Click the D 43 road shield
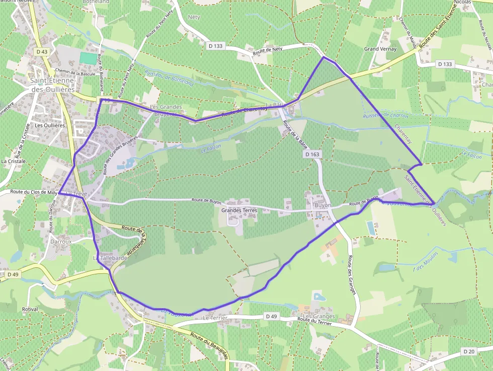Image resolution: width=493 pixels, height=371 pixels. (42, 52)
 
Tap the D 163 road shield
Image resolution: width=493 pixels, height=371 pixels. (312, 155)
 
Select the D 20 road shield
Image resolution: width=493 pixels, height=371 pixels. (469, 351)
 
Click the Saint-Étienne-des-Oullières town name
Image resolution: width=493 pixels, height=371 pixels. (52, 85)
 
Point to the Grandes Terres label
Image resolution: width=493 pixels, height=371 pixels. (239, 210)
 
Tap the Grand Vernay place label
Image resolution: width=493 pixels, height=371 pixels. (380, 49)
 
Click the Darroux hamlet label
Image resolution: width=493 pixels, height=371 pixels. (61, 241)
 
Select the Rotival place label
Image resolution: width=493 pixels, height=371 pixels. (30, 309)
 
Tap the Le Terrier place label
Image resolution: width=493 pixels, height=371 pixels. (215, 318)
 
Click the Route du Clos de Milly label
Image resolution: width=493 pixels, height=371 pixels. (34, 192)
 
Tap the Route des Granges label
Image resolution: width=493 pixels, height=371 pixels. (352, 275)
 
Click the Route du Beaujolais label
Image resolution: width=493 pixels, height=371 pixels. (209, 345)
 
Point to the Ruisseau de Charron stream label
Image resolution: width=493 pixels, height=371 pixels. (386, 116)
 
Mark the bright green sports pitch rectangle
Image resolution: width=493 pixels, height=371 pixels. (88, 58)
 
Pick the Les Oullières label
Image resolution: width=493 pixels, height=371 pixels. (50, 125)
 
